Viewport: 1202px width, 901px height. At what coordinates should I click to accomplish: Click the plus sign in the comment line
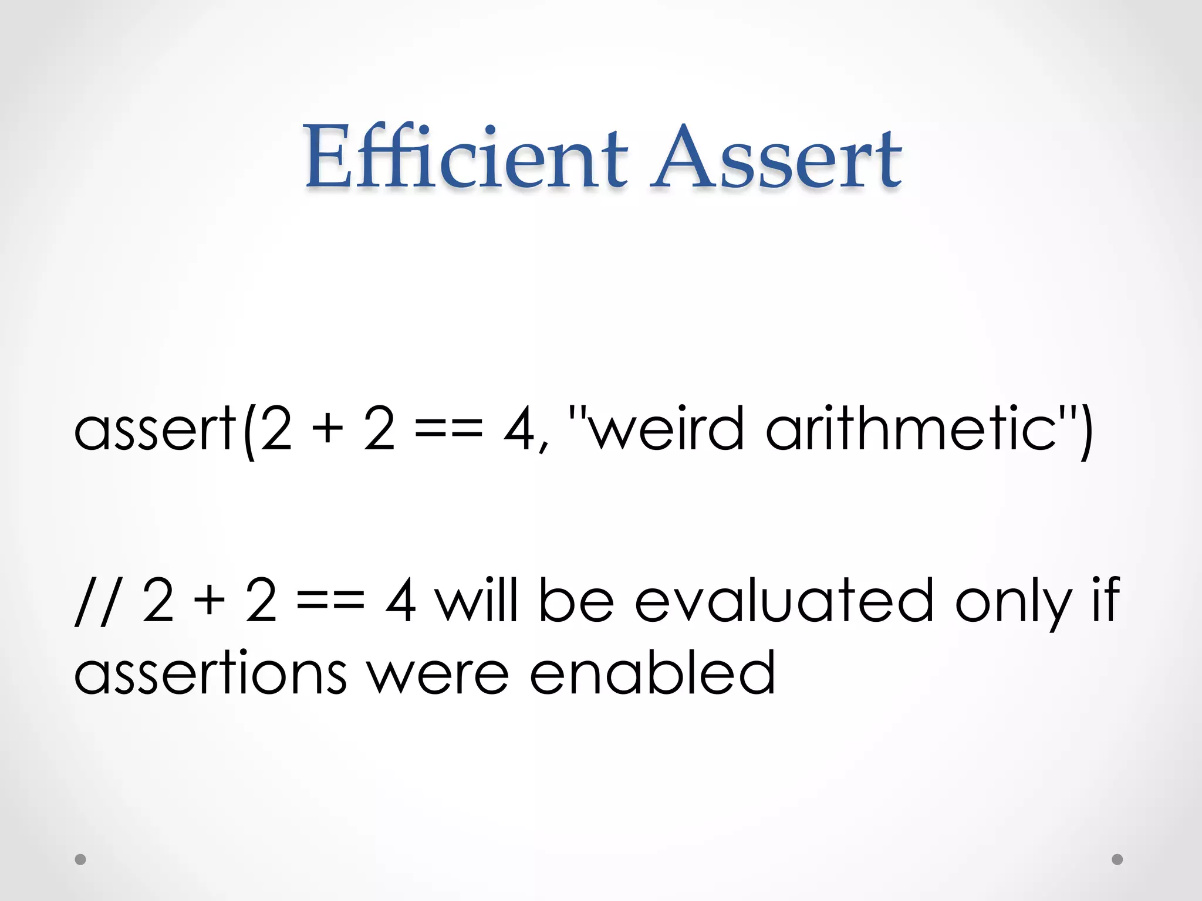pyautogui.click(x=210, y=601)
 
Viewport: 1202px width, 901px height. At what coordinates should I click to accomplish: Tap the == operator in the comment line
pyautogui.click(x=330, y=601)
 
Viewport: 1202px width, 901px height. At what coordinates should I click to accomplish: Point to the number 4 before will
pyautogui.click(x=401, y=601)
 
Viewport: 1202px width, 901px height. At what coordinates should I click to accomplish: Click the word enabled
pyautogui.click(x=652, y=673)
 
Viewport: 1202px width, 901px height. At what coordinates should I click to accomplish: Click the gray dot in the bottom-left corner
pyautogui.click(x=80, y=859)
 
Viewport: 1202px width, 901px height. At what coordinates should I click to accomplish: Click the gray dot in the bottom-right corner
pyautogui.click(x=1117, y=859)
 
